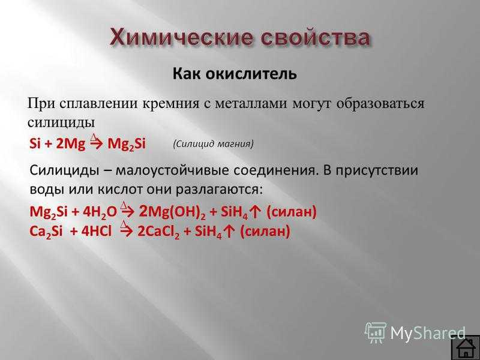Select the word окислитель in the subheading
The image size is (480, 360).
[251, 74]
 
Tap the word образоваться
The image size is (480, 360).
[380, 103]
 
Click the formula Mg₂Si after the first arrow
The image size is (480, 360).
[127, 144]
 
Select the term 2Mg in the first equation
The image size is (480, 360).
[70, 144]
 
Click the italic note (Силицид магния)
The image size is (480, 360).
[213, 144]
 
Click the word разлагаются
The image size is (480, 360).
[219, 190]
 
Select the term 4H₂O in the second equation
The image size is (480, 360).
[100, 212]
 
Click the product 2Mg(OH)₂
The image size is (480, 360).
[172, 212]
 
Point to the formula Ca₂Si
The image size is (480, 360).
[46, 232]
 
